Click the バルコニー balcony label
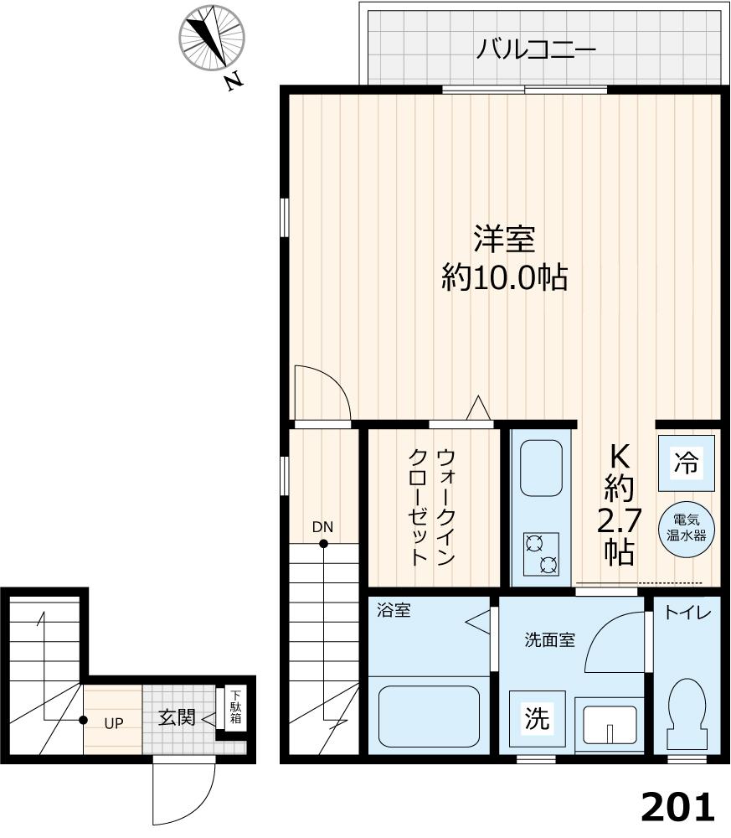click(536, 50)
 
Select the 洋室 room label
click(504, 240)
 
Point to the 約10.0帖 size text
click(504, 277)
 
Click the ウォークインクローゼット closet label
click(433, 506)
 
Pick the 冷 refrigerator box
click(686, 462)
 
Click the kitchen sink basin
click(541, 467)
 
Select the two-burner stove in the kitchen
click(541, 554)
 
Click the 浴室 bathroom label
click(394, 611)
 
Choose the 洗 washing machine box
click(537, 718)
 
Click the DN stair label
click(323, 527)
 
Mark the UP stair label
click(114, 722)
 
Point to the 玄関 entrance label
click(177, 717)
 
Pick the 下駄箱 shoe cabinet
click(236, 708)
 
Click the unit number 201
click(678, 807)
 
